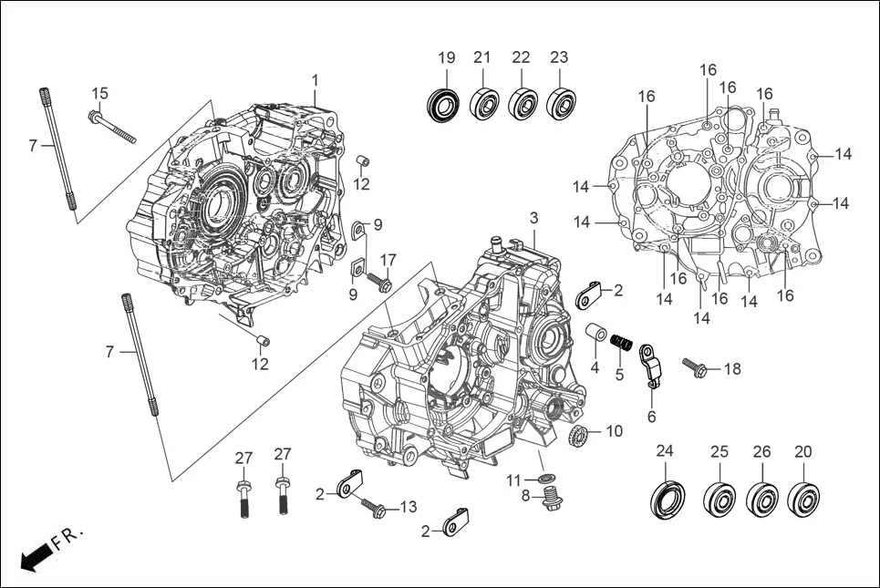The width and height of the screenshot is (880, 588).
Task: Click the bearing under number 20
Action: pos(803,498)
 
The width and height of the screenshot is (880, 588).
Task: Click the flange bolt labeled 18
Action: pos(695,368)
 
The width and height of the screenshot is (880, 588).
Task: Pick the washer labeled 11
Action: pos(545,479)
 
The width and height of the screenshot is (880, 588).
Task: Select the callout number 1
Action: pos(316,81)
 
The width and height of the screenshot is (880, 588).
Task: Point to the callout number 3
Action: pos(534,218)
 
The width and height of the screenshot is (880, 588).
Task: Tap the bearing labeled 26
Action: pos(761,499)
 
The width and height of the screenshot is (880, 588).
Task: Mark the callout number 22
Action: pos(521,57)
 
